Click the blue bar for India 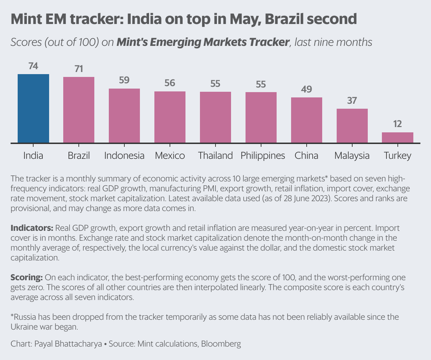click(x=33, y=108)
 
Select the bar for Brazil click(x=79, y=110)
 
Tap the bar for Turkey click(x=397, y=138)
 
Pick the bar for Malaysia click(x=352, y=126)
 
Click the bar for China click(x=306, y=120)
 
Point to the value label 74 click(x=33, y=66)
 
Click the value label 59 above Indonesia click(x=124, y=80)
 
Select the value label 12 click(x=397, y=124)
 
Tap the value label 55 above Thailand click(x=215, y=84)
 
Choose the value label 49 click(x=306, y=89)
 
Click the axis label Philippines click(x=262, y=156)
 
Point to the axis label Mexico click(x=170, y=156)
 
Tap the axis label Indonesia click(x=124, y=156)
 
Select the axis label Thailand click(x=215, y=156)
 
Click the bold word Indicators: click(x=32, y=228)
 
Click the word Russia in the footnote click(x=25, y=317)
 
